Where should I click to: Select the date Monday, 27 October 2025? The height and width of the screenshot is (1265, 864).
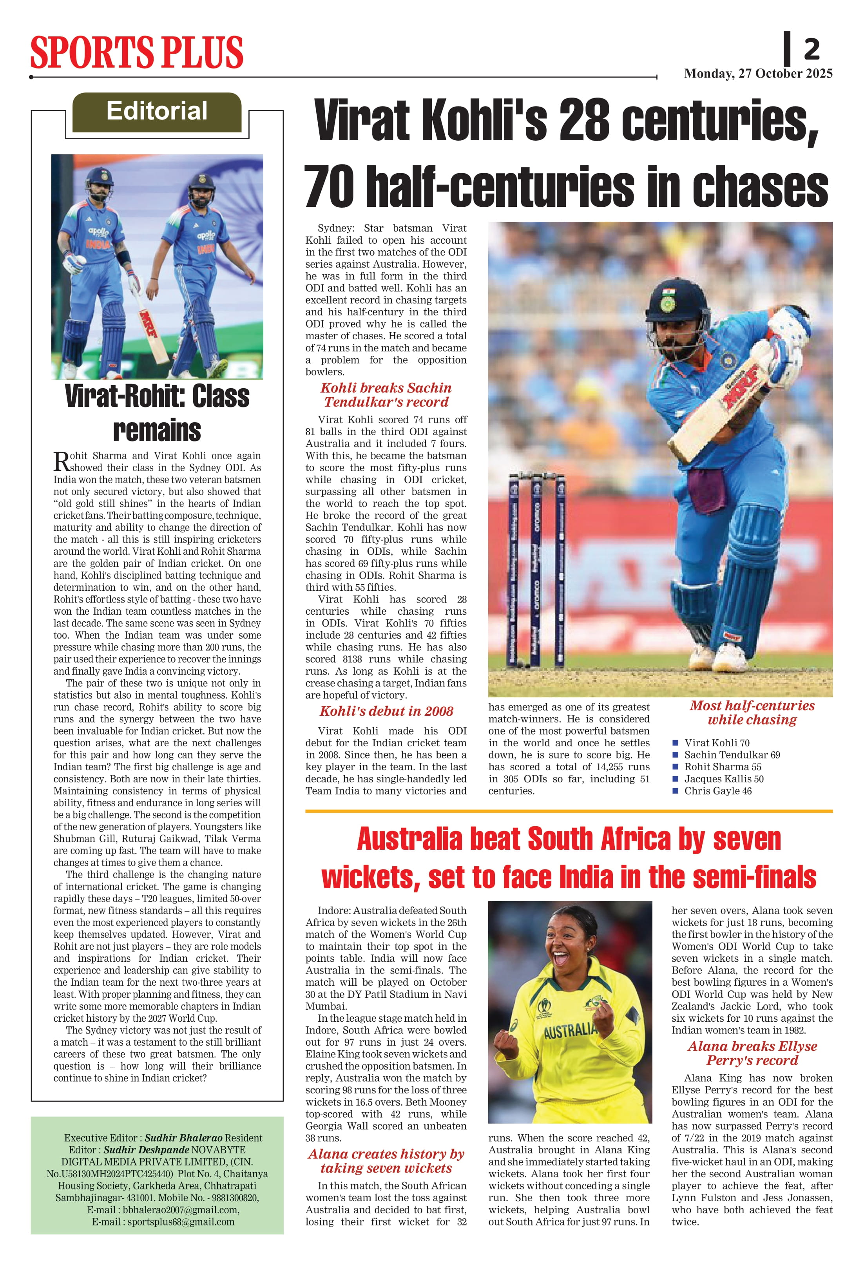click(758, 74)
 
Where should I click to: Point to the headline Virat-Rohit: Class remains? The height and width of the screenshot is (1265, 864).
click(157, 413)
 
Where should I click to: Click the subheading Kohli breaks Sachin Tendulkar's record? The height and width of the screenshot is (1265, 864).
click(386, 395)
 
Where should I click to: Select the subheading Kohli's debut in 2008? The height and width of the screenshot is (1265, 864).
click(386, 711)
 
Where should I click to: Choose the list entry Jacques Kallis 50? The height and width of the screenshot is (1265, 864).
click(724, 778)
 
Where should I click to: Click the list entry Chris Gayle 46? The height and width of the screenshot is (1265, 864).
click(717, 790)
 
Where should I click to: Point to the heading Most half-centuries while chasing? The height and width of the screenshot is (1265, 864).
click(752, 713)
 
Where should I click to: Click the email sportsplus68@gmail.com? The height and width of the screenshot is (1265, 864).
click(181, 1222)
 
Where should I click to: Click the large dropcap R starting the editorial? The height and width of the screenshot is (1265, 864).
click(61, 461)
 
